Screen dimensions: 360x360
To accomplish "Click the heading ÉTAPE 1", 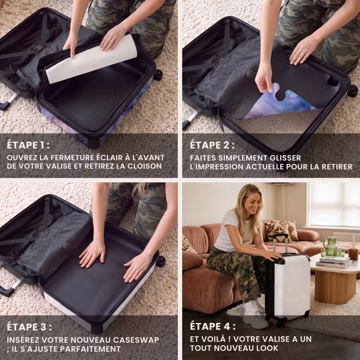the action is tap(28, 145).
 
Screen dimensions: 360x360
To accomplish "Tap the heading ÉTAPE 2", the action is tap(212, 145).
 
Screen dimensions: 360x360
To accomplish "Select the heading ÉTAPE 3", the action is tap(29, 327).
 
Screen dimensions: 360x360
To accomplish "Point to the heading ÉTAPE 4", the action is tap(213, 326).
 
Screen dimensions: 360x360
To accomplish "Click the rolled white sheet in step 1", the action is tap(91, 60).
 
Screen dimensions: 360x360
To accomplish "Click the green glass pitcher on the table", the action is tap(331, 246).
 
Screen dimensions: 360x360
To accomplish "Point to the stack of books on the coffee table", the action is tap(334, 262).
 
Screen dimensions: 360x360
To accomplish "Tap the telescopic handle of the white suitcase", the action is tap(280, 243).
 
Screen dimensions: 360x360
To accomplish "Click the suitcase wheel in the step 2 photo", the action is tap(352, 91).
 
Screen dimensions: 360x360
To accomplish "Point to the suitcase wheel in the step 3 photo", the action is tap(161, 261).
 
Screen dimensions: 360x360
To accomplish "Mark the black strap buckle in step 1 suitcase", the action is tap(38, 48).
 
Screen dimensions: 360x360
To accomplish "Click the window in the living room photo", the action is tap(335, 204).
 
